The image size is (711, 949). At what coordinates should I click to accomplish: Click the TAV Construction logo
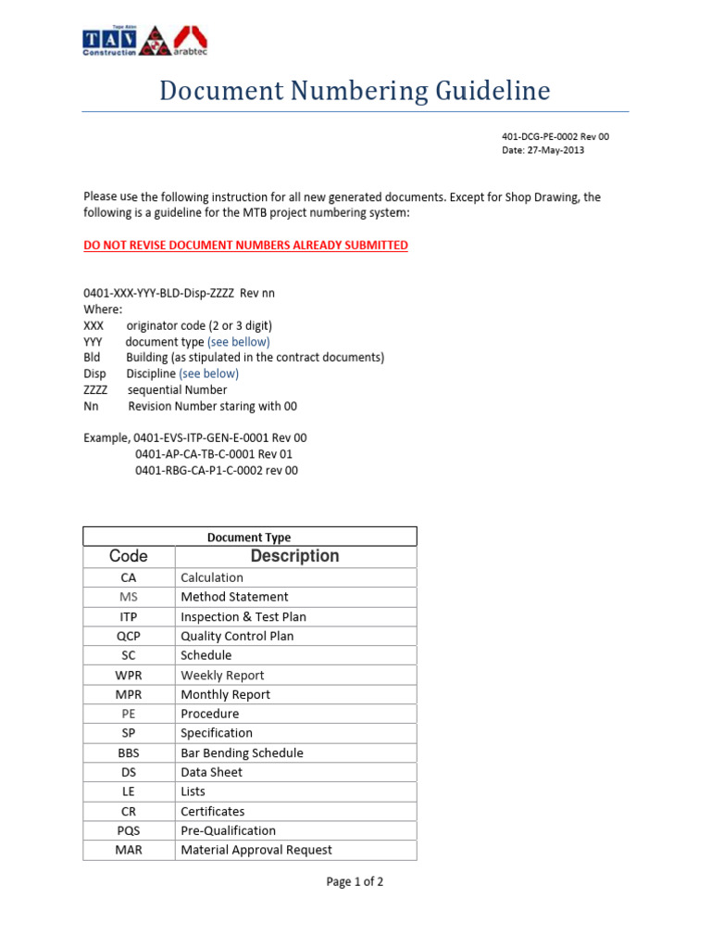[109, 41]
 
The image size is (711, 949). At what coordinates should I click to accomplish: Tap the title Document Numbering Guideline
[355, 91]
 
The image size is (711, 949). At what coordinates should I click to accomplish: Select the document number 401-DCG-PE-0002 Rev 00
[555, 136]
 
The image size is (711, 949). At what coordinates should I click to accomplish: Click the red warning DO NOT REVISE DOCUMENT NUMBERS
[245, 246]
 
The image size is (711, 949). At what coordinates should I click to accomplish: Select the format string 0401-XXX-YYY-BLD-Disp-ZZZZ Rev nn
[179, 293]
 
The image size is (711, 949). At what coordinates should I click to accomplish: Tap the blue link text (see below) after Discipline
[208, 373]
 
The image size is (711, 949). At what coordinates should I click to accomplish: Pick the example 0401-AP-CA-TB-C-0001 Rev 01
[214, 454]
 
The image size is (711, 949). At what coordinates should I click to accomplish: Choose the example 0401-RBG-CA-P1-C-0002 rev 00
[217, 470]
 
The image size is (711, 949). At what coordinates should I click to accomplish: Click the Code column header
[129, 556]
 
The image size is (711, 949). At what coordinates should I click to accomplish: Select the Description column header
[295, 556]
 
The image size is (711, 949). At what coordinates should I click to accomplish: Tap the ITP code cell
[129, 616]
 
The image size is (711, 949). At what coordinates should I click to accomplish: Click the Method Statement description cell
[234, 597]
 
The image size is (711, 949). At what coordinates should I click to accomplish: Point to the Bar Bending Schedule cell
[242, 753]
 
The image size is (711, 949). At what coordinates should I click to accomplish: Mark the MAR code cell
[129, 850]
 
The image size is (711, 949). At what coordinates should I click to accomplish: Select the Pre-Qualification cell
[228, 830]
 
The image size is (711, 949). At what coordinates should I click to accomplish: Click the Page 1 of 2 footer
[355, 882]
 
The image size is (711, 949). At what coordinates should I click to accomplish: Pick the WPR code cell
[129, 675]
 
